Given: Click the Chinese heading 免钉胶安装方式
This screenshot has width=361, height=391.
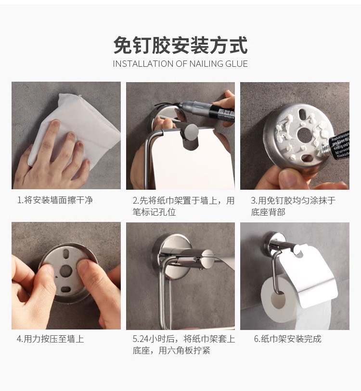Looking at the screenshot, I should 180,46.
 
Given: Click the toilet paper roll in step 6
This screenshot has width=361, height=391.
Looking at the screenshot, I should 284,303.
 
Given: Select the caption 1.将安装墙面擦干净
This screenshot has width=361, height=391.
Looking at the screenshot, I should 55,200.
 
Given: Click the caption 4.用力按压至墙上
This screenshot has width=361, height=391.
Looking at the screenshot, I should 51,339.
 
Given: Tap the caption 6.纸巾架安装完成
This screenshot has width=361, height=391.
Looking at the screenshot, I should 287,339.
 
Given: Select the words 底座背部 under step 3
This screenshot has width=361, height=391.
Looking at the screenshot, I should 268,212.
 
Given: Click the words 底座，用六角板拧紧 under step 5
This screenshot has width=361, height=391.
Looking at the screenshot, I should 171,351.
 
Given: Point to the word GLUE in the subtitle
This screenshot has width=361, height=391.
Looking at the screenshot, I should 236,63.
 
